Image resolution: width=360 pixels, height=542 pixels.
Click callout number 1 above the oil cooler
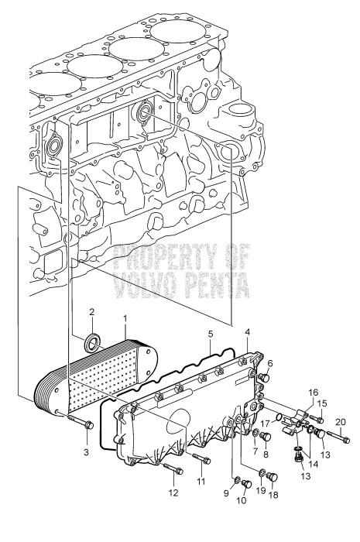point(125,316)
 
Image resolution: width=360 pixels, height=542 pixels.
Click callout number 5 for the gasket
point(211,334)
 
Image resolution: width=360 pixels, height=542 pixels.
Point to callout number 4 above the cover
point(248,332)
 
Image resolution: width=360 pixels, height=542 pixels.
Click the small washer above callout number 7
point(255,432)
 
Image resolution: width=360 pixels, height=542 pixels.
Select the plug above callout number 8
point(266,436)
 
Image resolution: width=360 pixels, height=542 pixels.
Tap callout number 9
point(226,493)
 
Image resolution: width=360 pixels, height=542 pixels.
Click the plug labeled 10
point(246,484)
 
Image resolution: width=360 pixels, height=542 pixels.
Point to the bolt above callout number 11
point(201,458)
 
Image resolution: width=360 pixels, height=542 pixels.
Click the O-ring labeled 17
point(280,419)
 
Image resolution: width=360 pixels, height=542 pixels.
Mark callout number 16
point(313,393)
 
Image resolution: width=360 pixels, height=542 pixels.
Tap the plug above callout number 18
point(273,477)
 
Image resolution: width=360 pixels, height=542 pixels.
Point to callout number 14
point(313,464)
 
